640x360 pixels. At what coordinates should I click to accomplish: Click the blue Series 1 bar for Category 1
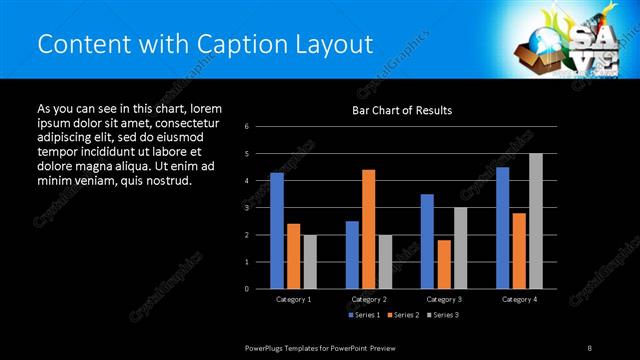[277, 231]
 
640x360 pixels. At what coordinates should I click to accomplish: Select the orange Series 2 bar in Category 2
[368, 229]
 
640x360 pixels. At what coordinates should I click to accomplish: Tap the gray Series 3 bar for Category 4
[535, 221]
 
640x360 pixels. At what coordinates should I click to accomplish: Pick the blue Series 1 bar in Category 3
[427, 241]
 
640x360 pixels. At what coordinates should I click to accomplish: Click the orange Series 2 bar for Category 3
[443, 264]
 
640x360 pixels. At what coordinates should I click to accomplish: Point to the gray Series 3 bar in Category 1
[309, 262]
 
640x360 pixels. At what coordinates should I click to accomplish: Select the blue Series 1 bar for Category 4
[502, 228]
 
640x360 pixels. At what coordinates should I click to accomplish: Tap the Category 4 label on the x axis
[518, 299]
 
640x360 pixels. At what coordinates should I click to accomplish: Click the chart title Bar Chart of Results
[402, 109]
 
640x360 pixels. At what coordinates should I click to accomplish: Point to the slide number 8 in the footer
[590, 347]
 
